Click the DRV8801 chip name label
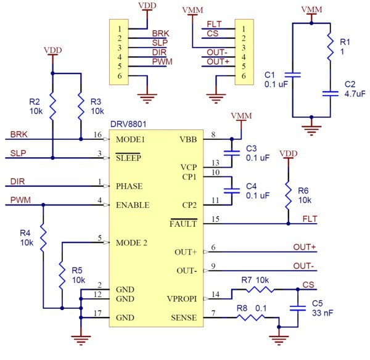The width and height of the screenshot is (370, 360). coord(128,124)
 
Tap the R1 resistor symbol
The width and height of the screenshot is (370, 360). coord(330,47)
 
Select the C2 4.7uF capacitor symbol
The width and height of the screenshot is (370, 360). coord(330,94)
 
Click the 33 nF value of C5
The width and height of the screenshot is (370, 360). coord(323,313)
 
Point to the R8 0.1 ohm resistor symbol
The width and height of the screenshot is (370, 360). coord(250,317)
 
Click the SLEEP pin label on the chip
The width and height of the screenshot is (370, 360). coord(128,158)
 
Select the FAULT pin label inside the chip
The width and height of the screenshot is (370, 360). coord(183,224)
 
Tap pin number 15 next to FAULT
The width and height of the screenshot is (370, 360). coord(215,219)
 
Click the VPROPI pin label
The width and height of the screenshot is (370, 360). coord(182,299)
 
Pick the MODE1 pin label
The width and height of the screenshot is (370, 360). coord(130,139)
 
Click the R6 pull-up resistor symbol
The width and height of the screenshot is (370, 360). coord(288,195)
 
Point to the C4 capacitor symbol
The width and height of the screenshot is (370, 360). coord(232,191)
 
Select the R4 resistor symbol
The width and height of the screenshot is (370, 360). coord(43,238)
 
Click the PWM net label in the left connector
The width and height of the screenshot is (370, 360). coord(162,62)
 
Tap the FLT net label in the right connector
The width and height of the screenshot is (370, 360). coord(214,24)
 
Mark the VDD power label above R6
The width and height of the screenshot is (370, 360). coord(288,153)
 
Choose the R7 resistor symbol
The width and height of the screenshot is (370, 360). coord(260,289)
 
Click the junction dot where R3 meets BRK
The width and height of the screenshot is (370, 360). coord(81,139)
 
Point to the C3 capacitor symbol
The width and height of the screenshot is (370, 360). coord(232,153)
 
